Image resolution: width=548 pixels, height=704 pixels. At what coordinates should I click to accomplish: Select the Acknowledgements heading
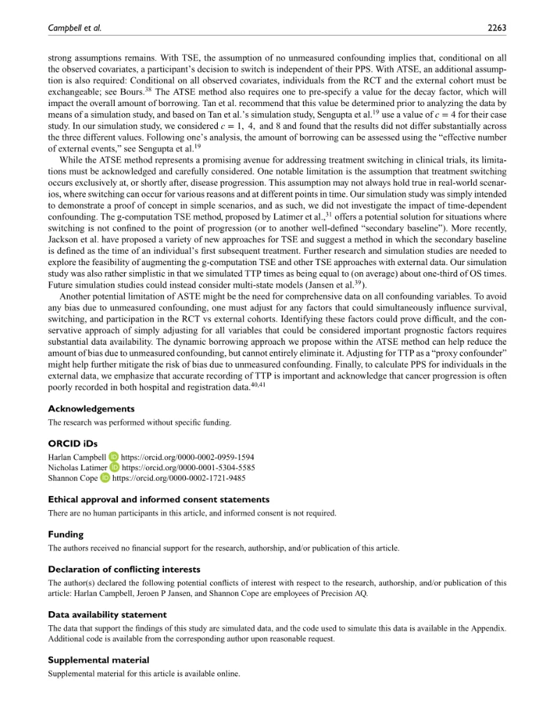pos(91,409)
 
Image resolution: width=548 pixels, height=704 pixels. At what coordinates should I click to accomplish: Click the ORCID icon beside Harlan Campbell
pos(114,457)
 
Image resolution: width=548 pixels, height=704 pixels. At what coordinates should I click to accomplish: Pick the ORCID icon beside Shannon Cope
pos(105,478)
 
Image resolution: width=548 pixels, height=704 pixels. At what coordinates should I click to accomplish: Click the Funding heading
pos(66,534)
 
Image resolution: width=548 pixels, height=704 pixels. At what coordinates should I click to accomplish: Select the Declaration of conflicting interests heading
pos(124,569)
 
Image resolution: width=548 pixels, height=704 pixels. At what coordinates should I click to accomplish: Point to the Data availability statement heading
pos(107,615)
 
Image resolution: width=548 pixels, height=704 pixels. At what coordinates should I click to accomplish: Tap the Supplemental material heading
pos(98,659)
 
